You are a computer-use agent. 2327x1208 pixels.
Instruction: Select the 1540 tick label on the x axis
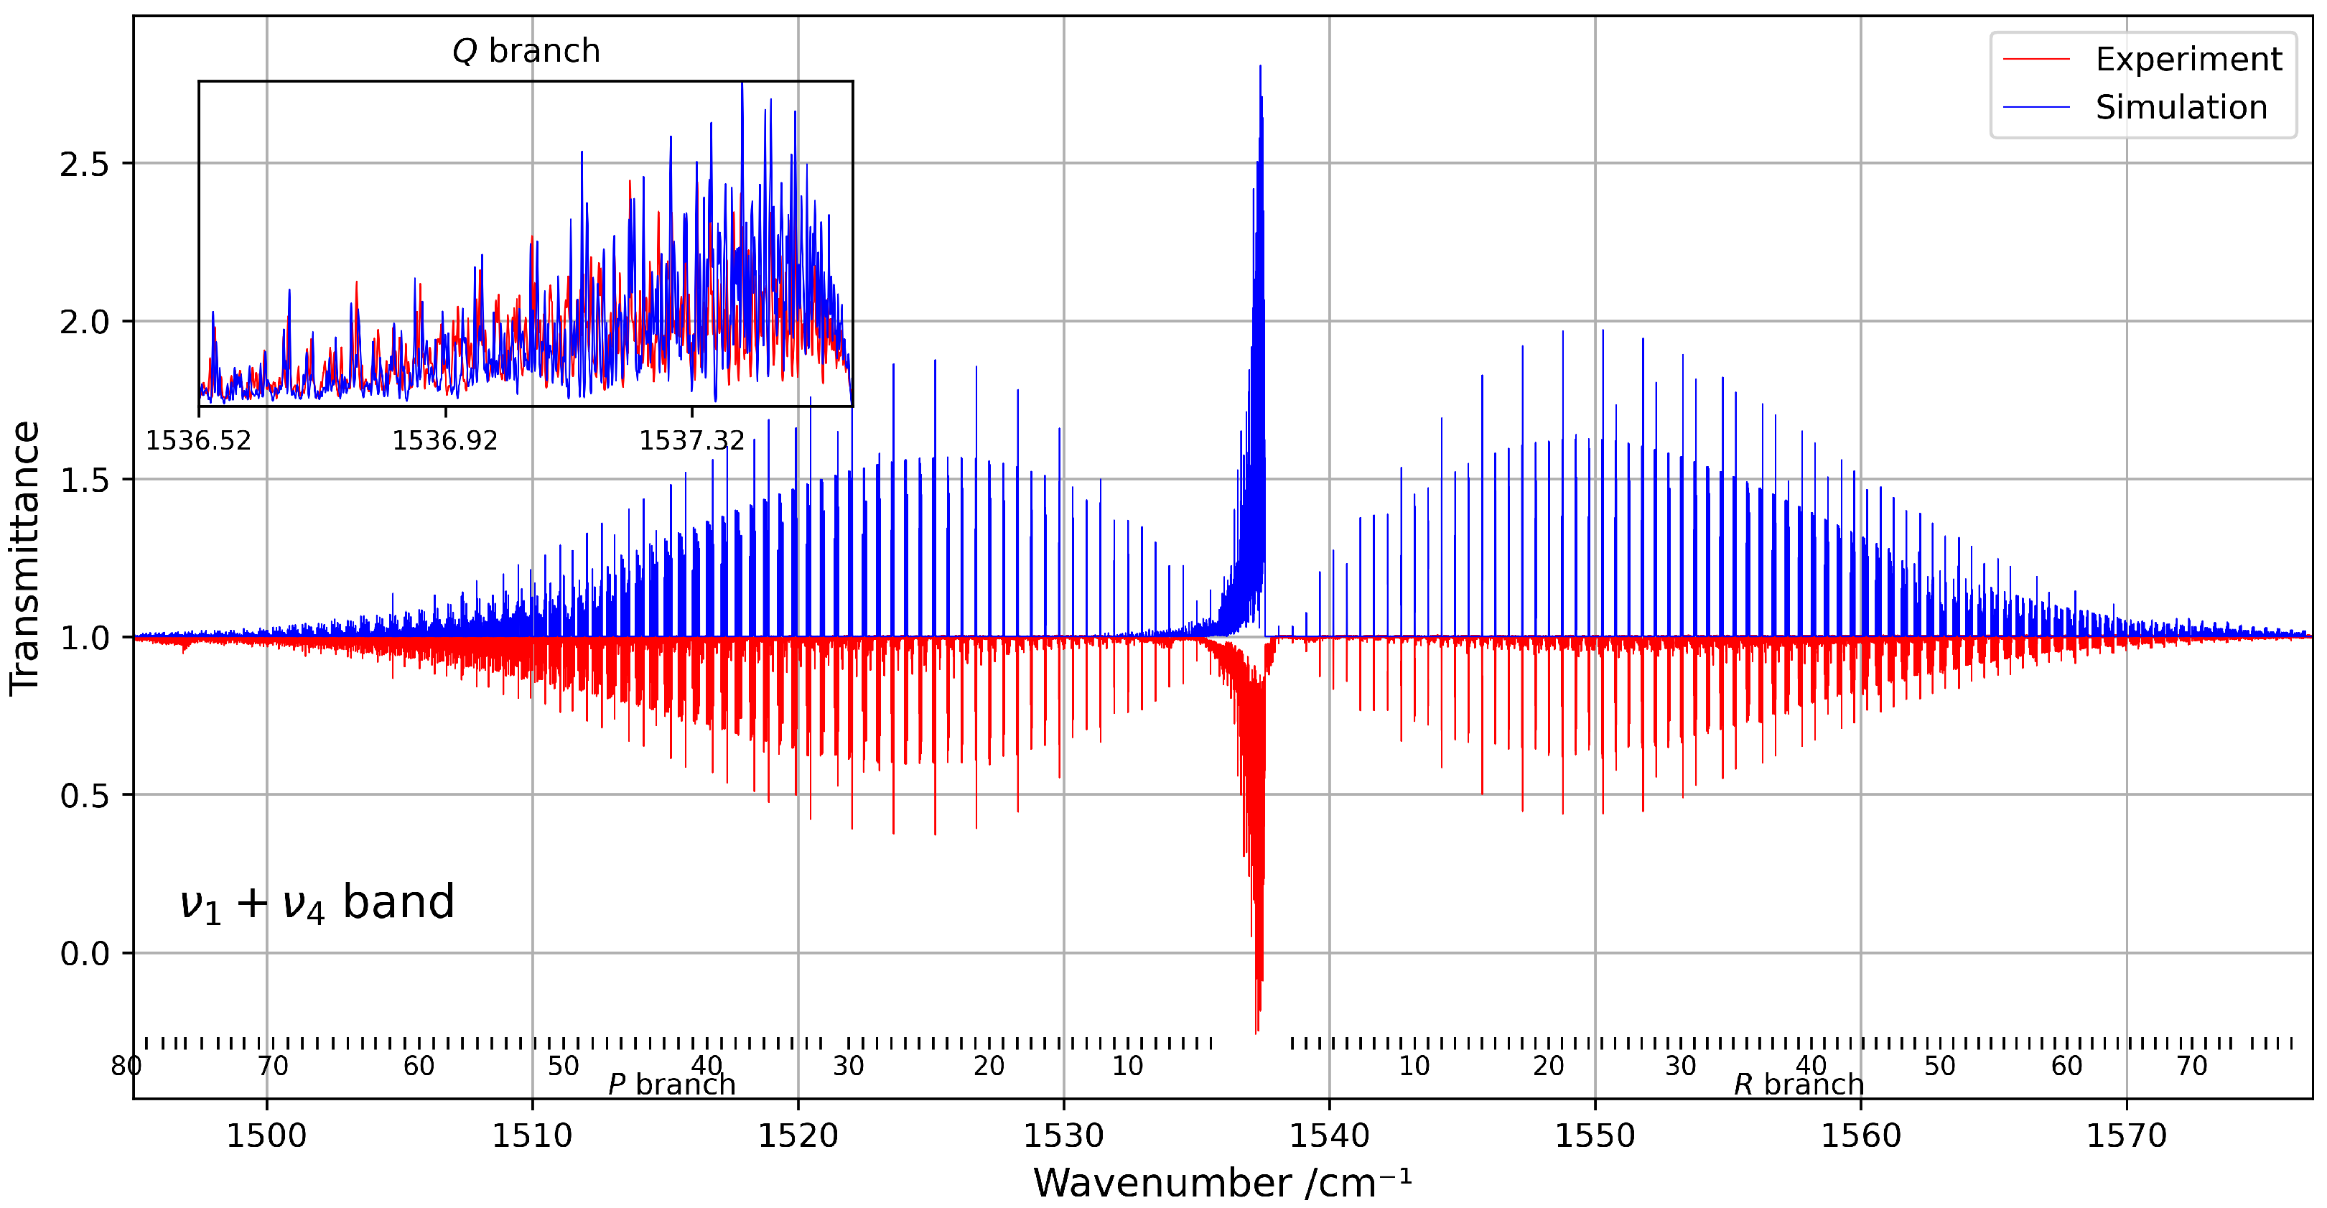click(1329, 1135)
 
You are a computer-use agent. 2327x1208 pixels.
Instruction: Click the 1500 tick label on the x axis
click(266, 1135)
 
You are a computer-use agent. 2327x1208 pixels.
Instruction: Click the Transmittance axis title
click(25, 557)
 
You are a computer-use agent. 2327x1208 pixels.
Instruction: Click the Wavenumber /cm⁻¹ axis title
click(1221, 1183)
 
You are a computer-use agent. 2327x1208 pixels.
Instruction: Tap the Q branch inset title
click(526, 52)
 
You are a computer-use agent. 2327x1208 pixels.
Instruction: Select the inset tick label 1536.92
click(444, 441)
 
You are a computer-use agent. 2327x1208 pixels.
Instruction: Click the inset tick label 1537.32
click(692, 441)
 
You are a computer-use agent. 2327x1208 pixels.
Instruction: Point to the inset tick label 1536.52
click(199, 441)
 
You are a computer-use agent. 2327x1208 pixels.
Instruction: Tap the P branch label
click(671, 1084)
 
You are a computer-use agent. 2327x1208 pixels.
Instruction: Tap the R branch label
click(1798, 1084)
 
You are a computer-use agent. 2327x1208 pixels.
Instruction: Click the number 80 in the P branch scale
click(126, 1066)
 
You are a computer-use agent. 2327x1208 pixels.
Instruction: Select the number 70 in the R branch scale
click(2191, 1066)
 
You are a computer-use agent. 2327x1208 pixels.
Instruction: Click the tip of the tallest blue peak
click(1259, 66)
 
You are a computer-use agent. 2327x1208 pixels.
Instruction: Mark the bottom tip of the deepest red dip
click(1256, 1033)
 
